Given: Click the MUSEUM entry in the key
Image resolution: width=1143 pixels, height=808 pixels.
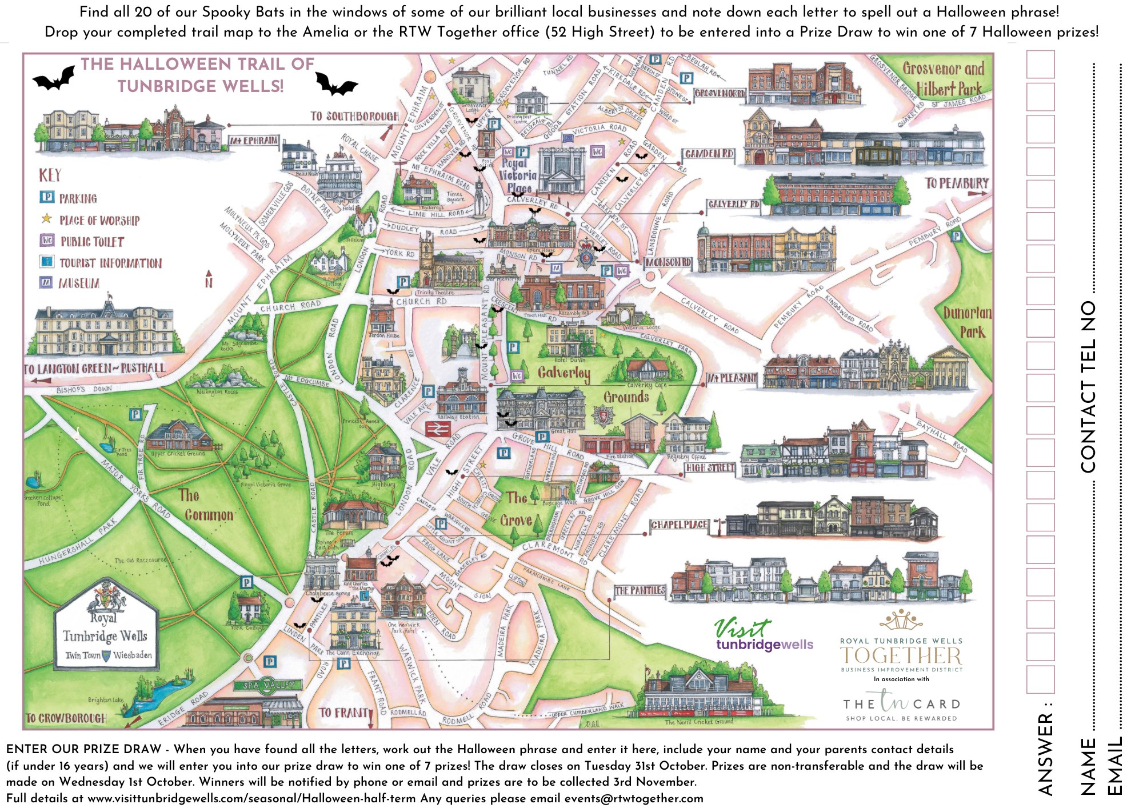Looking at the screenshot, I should tap(78, 283).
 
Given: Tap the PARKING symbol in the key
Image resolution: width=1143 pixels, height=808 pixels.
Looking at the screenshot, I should tap(47, 197).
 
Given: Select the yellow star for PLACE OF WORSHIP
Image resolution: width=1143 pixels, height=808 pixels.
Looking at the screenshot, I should tap(46, 219).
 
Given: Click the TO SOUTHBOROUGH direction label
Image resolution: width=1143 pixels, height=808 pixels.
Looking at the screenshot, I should tap(354, 116).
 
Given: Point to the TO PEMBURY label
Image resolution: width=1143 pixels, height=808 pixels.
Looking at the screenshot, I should tap(956, 183).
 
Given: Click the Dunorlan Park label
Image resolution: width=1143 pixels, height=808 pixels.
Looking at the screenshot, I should tap(967, 322).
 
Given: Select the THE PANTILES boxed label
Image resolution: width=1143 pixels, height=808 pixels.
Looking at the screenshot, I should tap(640, 590).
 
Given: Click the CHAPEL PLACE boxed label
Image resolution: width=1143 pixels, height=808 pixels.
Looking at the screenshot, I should tap(680, 525).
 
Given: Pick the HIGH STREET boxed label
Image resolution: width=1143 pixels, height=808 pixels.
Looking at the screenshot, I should tap(710, 467).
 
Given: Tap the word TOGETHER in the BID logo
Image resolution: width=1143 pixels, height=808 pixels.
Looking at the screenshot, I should tap(901, 655).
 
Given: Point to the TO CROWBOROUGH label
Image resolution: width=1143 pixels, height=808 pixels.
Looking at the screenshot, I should tap(66, 718).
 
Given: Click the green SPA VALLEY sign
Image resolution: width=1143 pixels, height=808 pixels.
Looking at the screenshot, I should tap(269, 685).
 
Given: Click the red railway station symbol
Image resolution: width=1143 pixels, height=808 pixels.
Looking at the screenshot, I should tap(437, 430).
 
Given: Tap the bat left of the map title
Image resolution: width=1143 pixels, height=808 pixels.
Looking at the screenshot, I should tap(54, 79).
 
